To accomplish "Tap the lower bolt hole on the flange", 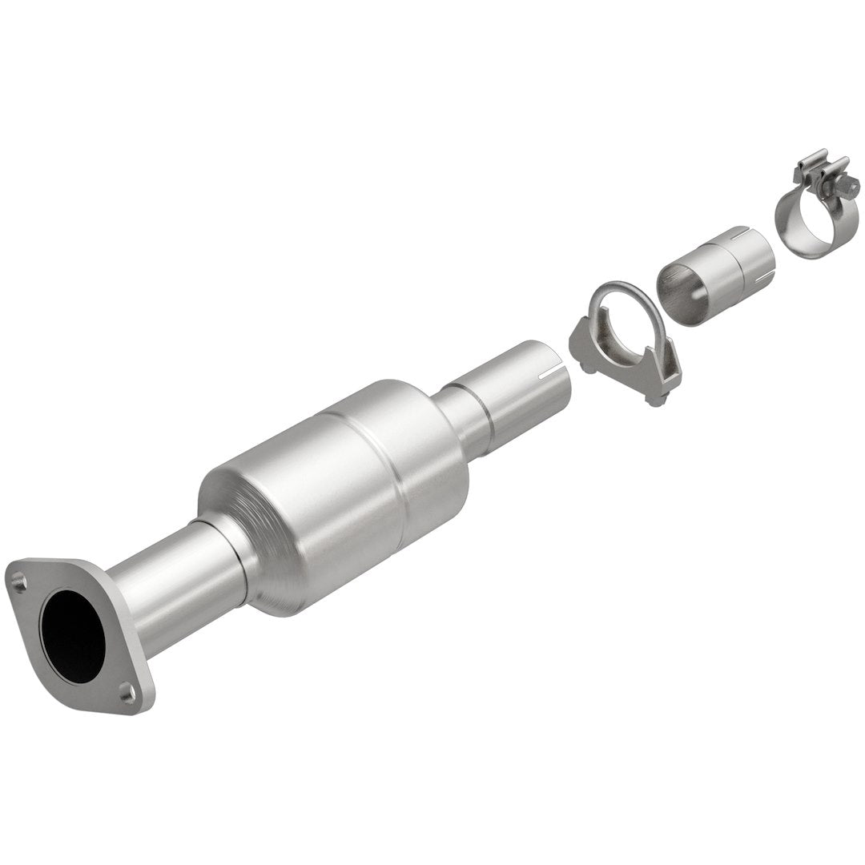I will tap(127, 688).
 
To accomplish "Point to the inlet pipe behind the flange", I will tap(172, 577).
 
